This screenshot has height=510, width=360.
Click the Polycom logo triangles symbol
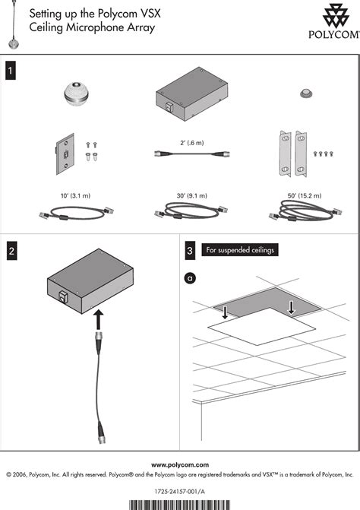click(x=336, y=15)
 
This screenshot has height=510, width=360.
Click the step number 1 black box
click(x=11, y=70)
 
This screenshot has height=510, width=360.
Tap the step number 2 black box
click(x=11, y=251)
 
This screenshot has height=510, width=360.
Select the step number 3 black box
click(x=190, y=251)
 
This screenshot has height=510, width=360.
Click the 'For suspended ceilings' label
click(x=240, y=250)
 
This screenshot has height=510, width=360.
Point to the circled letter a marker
click(x=190, y=278)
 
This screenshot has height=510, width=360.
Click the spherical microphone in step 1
click(x=76, y=93)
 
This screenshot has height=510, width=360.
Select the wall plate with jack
click(x=65, y=154)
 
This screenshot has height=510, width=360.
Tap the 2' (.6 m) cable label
click(x=192, y=143)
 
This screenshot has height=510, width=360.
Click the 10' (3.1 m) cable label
click(x=75, y=195)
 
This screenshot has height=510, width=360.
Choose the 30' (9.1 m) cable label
click(x=191, y=195)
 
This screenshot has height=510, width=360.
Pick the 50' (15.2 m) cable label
click(x=305, y=195)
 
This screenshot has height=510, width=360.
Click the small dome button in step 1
click(x=306, y=93)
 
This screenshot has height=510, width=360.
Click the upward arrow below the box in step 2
click(x=99, y=319)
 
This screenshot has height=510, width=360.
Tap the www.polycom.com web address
click(x=180, y=465)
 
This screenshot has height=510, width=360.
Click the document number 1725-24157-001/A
click(x=180, y=492)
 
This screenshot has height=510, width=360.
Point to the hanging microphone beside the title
click(x=14, y=25)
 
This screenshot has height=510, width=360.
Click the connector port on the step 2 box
click(x=63, y=296)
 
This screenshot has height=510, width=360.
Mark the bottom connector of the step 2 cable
click(x=101, y=432)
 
